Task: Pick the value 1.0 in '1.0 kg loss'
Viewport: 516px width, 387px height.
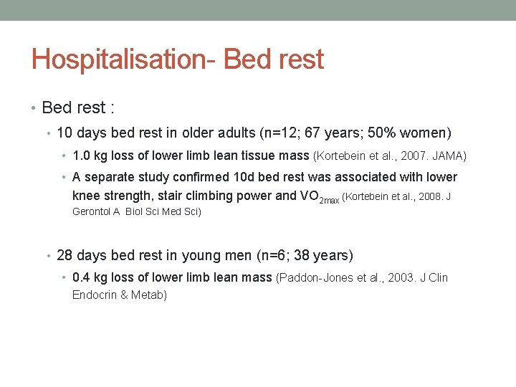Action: (82, 156)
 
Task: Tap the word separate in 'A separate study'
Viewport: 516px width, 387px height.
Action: (109, 177)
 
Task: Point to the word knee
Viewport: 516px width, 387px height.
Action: (87, 196)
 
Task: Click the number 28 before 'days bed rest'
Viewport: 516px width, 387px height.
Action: (64, 256)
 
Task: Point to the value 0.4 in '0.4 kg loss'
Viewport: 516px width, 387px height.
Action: (82, 277)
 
